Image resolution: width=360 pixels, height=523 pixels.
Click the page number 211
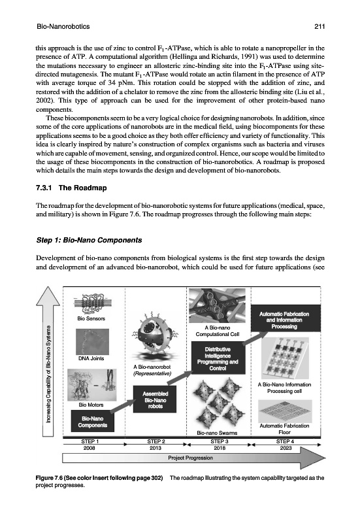[319, 27]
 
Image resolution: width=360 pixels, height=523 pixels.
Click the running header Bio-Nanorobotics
[63, 27]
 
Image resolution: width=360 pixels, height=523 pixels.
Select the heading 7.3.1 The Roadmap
[71, 188]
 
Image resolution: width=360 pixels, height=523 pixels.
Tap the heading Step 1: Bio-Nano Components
[89, 240]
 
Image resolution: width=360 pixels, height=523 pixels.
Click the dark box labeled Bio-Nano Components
[93, 422]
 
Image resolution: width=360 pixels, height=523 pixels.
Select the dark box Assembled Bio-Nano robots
[155, 399]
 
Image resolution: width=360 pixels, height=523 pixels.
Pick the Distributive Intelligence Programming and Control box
[218, 358]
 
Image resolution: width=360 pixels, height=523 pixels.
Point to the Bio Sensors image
[91, 305]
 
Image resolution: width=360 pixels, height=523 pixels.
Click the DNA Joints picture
[92, 341]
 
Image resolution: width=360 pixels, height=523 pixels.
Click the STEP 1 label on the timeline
[90, 441]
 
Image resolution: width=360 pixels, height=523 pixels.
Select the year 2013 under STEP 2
[155, 448]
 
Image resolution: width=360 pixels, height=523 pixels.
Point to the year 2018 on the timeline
[220, 448]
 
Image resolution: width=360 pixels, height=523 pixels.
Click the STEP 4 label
[285, 441]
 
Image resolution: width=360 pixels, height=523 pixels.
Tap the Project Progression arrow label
[190, 458]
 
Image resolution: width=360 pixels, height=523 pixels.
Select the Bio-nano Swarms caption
[217, 433]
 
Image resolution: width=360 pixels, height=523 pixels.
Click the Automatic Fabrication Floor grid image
[285, 411]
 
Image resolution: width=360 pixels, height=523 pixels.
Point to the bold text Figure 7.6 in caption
[50, 478]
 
